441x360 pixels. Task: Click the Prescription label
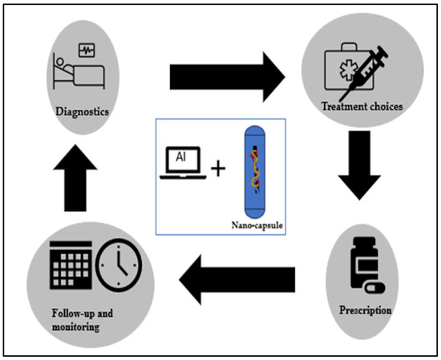364,310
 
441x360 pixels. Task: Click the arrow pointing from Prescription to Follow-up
236,279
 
